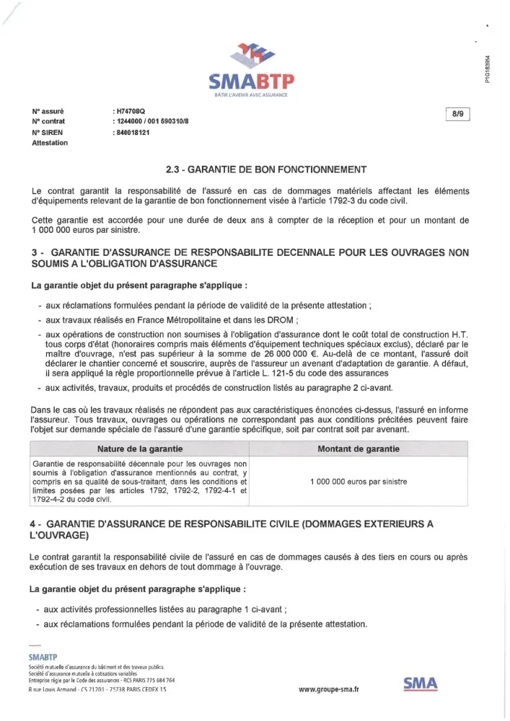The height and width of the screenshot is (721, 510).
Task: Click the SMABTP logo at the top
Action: click(255, 68)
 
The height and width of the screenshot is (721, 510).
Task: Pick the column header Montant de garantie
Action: click(358, 448)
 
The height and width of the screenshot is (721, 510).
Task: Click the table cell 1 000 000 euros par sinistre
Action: click(358, 482)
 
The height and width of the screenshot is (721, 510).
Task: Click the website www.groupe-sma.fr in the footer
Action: click(329, 689)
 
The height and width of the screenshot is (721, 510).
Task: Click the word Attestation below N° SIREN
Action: click(50, 143)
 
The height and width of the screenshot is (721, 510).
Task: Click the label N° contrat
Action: click(48, 122)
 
